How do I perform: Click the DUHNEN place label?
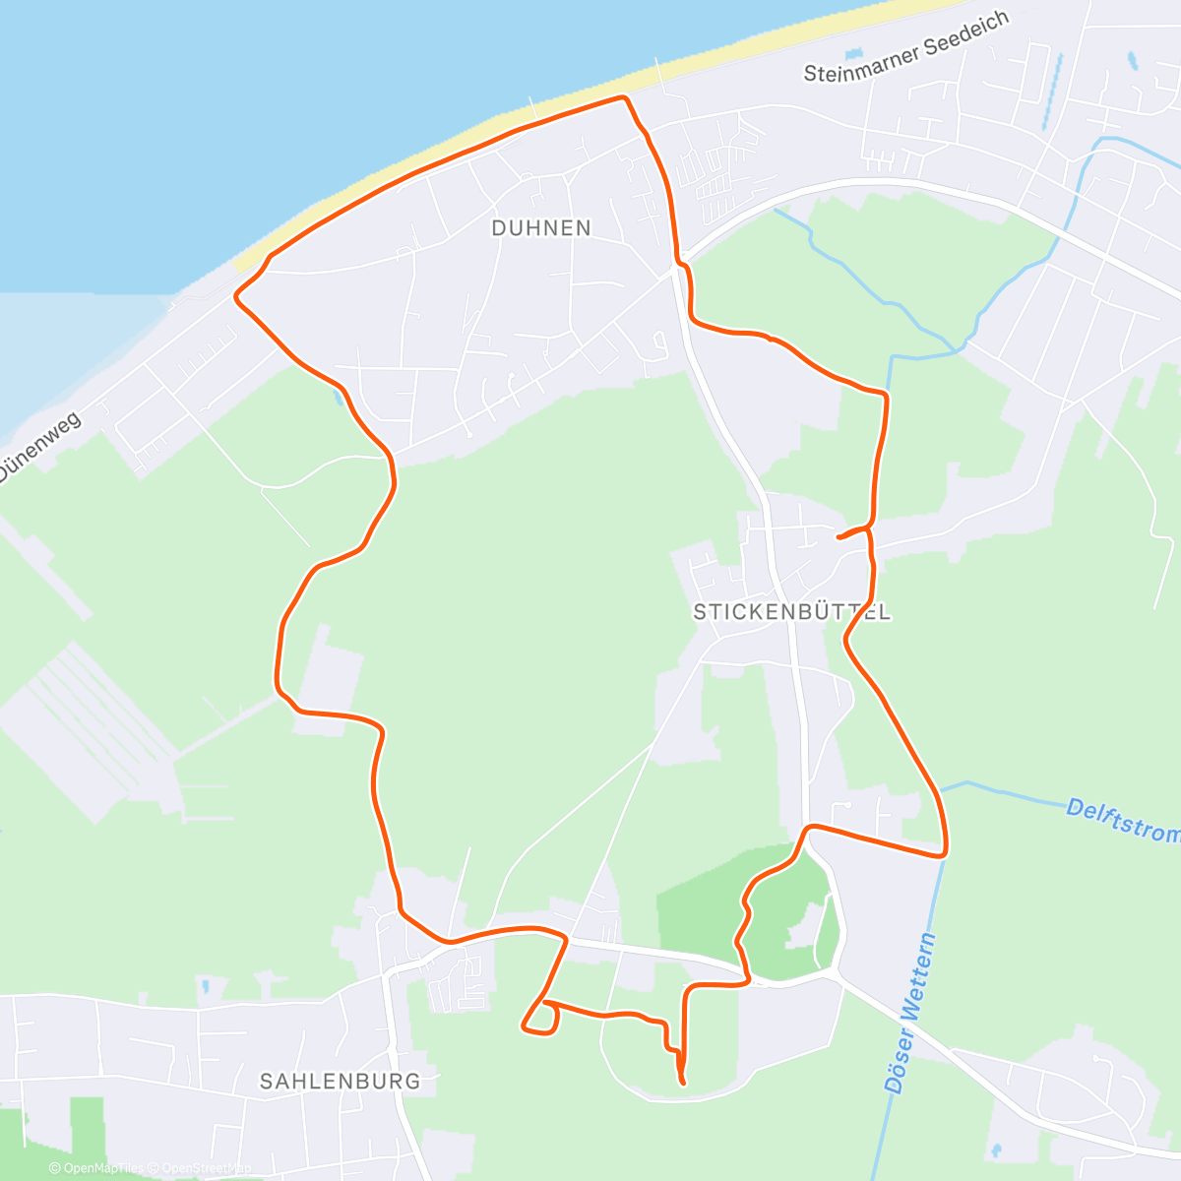541,228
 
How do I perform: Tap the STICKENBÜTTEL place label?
792,612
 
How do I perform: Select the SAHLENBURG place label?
340,1081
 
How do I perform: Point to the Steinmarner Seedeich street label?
906,47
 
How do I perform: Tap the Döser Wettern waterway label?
910,1014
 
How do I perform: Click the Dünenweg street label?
39,447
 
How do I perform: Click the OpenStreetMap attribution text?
206,1168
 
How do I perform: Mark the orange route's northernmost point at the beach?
622,96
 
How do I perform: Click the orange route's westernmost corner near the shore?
235,294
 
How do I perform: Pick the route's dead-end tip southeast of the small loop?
682,1083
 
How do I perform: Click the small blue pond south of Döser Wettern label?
996,1149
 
